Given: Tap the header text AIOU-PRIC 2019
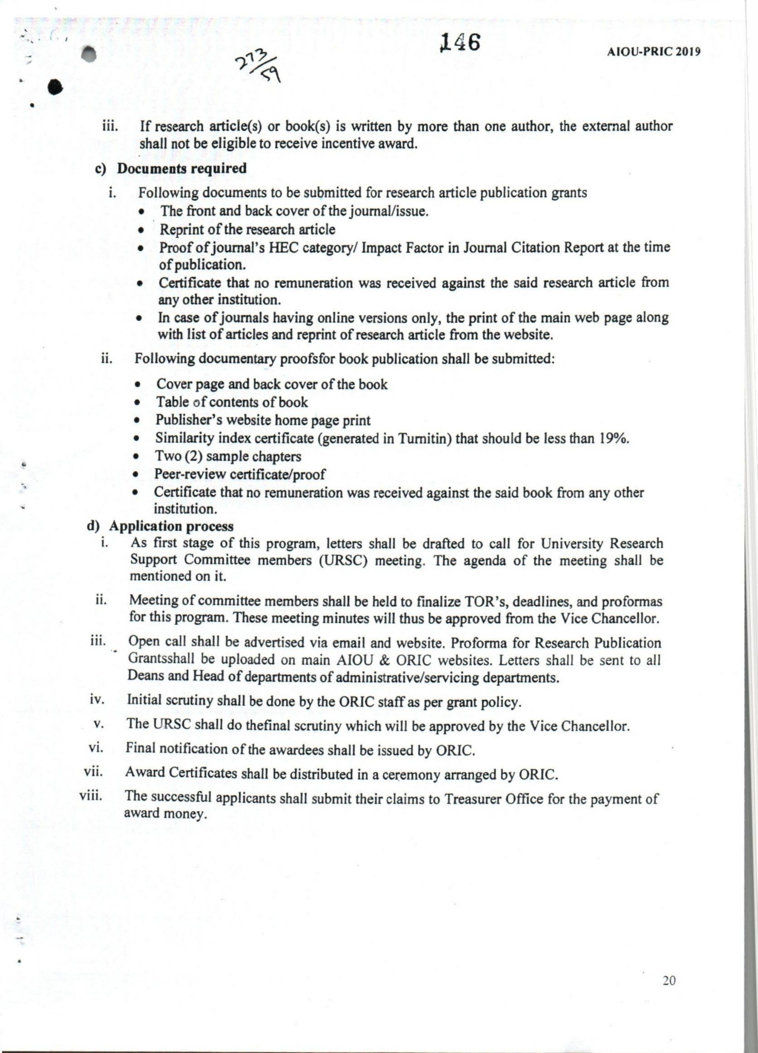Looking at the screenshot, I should click(x=653, y=52).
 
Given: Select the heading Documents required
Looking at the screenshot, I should click(x=182, y=168).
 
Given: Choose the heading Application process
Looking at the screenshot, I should click(x=171, y=526).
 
